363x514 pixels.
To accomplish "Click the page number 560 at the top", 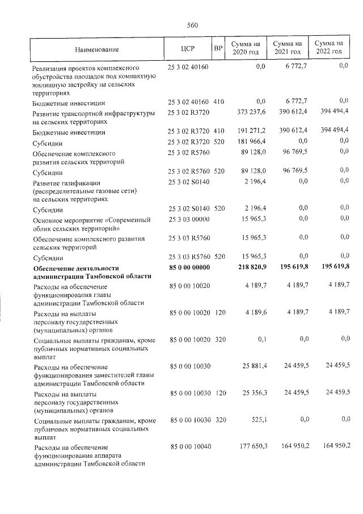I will pyautogui.click(x=191, y=25).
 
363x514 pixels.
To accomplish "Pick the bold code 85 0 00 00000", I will pyautogui.click(x=189, y=268).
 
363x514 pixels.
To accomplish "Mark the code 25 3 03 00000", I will pyautogui.click(x=189, y=219).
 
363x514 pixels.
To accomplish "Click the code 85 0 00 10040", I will pyautogui.click(x=189, y=446).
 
